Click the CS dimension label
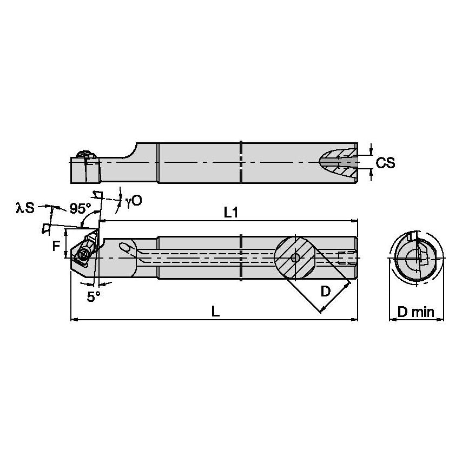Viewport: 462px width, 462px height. click(386, 162)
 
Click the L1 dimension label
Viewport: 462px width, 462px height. click(231, 213)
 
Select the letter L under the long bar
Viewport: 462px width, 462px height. click(215, 312)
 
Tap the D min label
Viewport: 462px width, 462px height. click(416, 312)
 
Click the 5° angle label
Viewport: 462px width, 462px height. click(94, 296)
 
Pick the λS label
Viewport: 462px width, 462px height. click(25, 207)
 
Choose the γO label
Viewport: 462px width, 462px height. click(134, 201)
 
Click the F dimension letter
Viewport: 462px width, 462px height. click(56, 247)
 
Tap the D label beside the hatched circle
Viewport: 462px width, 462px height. click(325, 291)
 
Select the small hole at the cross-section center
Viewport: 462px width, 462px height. click(295, 258)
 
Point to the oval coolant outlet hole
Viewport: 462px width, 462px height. click(126, 248)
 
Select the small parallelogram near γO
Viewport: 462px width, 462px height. click(98, 195)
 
